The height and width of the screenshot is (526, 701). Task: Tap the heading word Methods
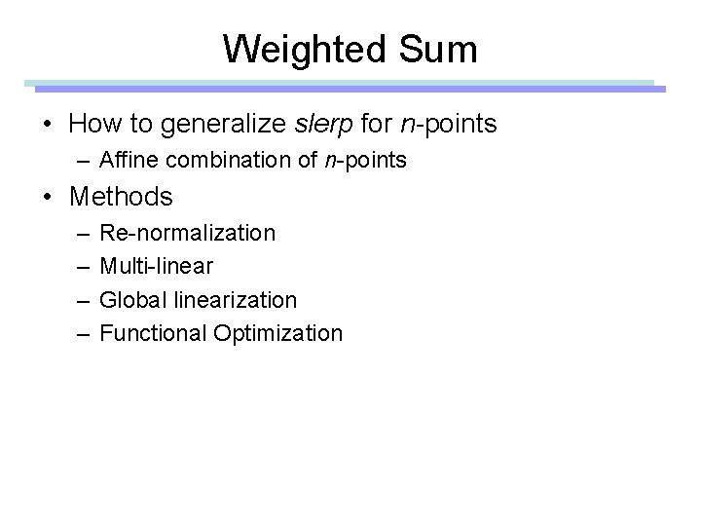[x=121, y=197]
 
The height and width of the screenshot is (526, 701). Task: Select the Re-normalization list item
[x=187, y=234]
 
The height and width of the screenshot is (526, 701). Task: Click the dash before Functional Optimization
[x=79, y=333]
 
